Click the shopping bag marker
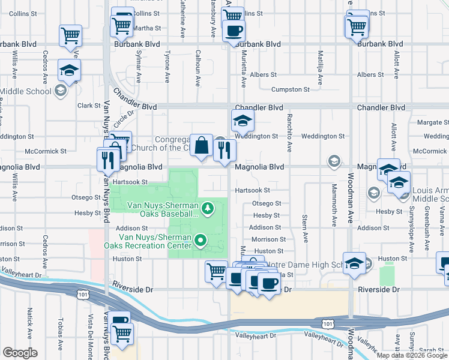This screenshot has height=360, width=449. [x=202, y=145]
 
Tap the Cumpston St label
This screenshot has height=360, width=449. [x=290, y=89]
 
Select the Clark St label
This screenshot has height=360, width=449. [x=89, y=106]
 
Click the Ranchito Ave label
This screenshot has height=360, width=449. [x=289, y=133]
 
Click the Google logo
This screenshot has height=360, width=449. [x=20, y=353]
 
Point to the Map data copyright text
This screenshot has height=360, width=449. [x=412, y=355]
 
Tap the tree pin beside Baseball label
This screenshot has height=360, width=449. [x=208, y=208]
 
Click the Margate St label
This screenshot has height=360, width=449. [x=429, y=122]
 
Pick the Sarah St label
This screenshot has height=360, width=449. [x=427, y=350]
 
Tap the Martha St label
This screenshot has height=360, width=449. [x=146, y=28]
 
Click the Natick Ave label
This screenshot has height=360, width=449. [x=29, y=322]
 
